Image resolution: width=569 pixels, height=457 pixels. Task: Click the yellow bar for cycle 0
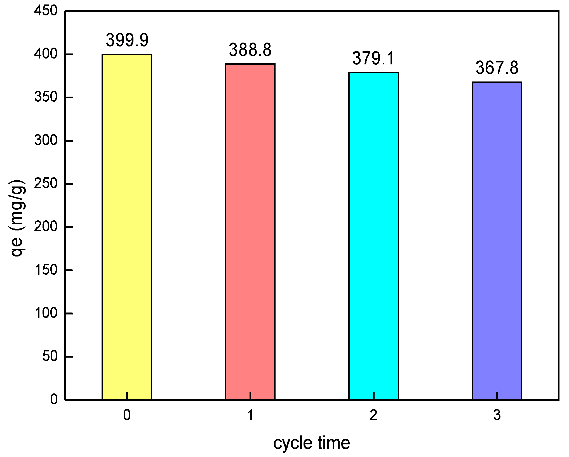click(127, 227)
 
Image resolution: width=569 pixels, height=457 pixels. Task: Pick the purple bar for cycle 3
click(497, 241)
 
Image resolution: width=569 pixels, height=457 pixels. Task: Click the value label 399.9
click(127, 40)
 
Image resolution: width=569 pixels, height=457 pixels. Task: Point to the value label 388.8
click(250, 50)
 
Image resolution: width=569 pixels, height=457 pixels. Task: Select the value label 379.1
click(373, 59)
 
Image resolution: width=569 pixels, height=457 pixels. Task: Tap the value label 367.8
click(497, 68)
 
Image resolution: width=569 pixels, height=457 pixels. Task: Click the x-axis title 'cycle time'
click(311, 443)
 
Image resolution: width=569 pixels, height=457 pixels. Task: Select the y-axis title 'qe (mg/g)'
click(17, 218)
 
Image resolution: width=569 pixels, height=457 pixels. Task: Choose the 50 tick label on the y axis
click(50, 356)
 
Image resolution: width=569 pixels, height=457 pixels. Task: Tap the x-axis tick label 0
click(127, 415)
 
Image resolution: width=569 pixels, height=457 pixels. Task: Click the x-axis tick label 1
click(250, 415)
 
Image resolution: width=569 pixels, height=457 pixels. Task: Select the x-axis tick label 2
click(373, 415)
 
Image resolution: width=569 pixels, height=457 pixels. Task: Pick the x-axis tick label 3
click(497, 415)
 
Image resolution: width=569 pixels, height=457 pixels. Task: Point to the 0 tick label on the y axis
click(54, 399)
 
